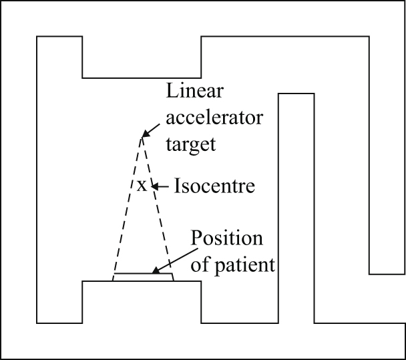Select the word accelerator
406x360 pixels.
[207, 119]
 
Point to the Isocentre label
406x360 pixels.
[214, 186]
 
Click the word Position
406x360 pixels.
[226, 239]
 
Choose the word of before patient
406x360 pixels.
[200, 264]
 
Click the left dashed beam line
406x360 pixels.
[128, 207]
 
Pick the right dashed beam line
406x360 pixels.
[159, 207]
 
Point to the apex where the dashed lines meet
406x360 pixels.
[141, 138]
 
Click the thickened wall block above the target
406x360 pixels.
[142, 57]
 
